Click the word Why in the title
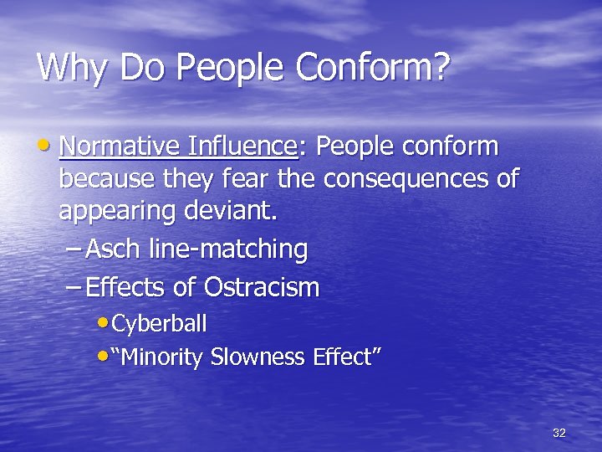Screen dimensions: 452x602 pos(73,67)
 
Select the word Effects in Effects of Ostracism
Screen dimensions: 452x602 pos(127,288)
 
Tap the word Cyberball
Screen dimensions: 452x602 pos(158,323)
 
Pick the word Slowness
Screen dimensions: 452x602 pos(258,357)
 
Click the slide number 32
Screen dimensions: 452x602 pos(559,433)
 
